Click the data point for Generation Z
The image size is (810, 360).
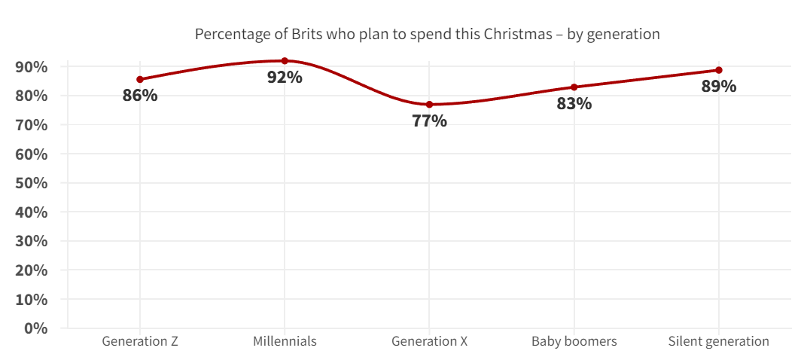coord(140,79)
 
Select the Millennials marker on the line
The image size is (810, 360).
coord(285,61)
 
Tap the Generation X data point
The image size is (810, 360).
coord(429,105)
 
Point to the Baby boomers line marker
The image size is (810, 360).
coord(574,87)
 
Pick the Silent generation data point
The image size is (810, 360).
coord(719,70)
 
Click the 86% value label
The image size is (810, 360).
coord(140,96)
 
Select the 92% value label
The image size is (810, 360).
coord(285,77)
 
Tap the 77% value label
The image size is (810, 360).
coord(429,121)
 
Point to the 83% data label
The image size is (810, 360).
coord(574,104)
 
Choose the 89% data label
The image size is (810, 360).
coord(719,86)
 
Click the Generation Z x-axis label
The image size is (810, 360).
coord(140,341)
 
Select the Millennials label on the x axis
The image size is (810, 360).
coord(285,341)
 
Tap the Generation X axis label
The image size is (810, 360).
coord(429,341)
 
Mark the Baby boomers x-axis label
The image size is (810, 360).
coord(574,341)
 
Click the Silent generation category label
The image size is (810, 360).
coord(719,341)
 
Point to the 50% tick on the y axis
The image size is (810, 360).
coord(32,183)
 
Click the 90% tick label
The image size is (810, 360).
coord(32,67)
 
